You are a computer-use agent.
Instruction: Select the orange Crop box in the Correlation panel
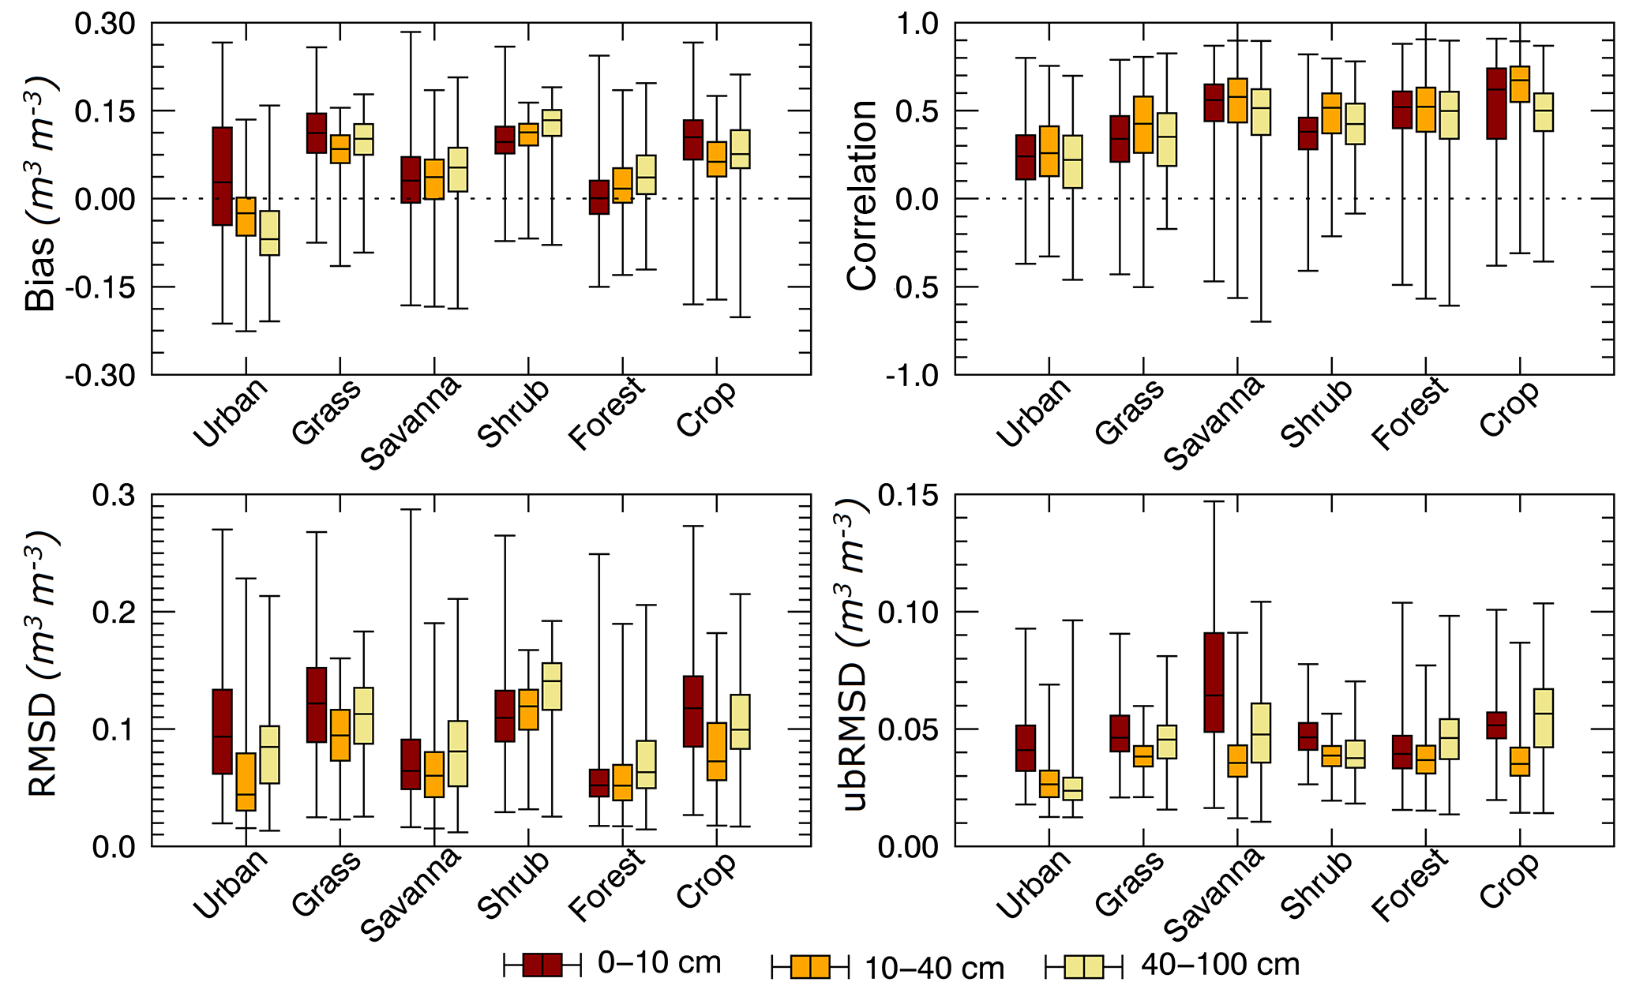(x=1519, y=84)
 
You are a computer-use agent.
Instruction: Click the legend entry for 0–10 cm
(x=658, y=963)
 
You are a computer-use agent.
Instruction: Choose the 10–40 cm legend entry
(x=933, y=968)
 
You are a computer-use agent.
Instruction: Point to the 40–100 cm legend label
(x=1220, y=965)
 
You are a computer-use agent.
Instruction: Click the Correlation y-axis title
(x=862, y=196)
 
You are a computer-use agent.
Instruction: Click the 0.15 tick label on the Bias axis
(x=104, y=111)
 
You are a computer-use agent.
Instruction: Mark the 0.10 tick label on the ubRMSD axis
(x=909, y=612)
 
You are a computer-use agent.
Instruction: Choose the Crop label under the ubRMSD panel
(x=1510, y=879)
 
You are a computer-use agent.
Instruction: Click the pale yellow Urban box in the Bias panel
(x=269, y=233)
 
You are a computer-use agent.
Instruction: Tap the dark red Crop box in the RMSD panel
(x=692, y=710)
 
